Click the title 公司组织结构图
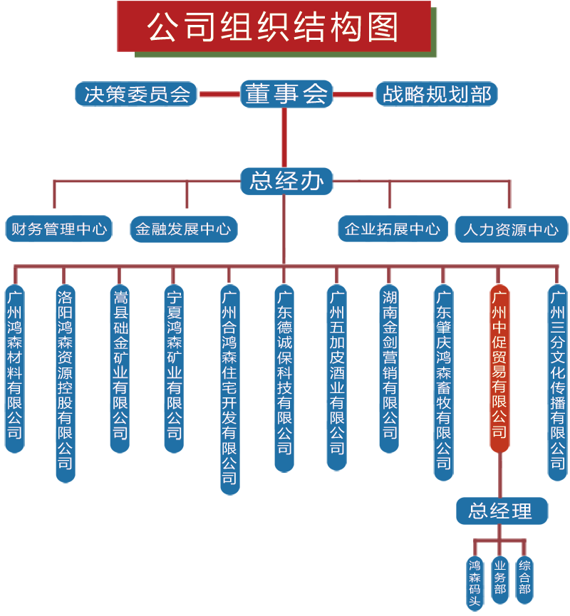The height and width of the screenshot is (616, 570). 274,26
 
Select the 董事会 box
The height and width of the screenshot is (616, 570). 286,94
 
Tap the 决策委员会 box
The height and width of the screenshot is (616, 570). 136,94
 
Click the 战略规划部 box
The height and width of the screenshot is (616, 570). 436,94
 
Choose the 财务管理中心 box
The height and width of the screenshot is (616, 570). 59,229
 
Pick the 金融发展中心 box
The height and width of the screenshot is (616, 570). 183,229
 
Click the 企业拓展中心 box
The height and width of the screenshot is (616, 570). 392,229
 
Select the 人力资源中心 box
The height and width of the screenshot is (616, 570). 511,229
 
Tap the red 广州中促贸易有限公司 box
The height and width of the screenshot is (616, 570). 499,367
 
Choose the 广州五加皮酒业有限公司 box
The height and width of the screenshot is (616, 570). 336,377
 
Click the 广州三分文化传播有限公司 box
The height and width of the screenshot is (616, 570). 557,382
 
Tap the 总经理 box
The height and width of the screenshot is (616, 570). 502,511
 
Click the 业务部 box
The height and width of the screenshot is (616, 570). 500,579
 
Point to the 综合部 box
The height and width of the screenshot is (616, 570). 524,579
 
